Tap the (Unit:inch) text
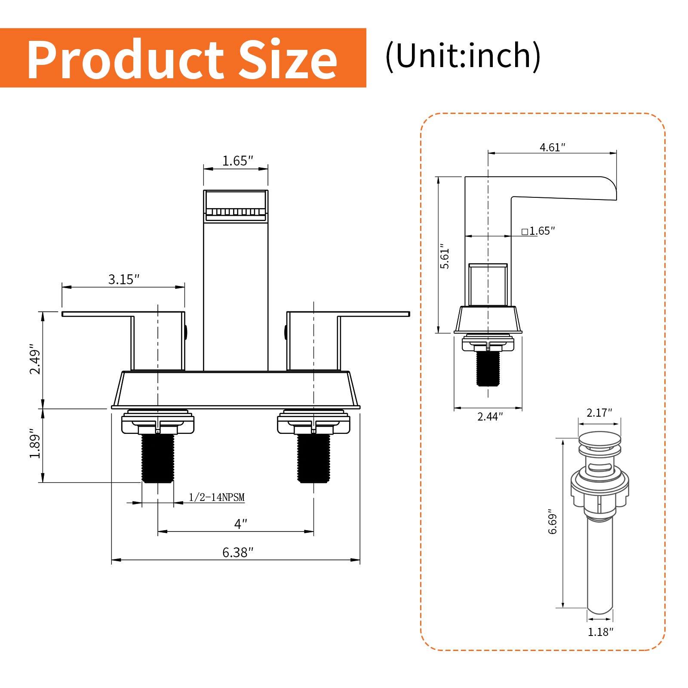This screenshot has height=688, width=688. point(463,56)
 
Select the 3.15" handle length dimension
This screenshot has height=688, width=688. point(124,279)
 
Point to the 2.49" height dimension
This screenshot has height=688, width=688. point(35,359)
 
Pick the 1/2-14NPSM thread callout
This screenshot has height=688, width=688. point(216,498)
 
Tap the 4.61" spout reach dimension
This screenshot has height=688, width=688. point(552,147)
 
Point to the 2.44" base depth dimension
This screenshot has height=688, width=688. point(490,416)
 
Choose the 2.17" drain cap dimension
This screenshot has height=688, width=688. point(599,413)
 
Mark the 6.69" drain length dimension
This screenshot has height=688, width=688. point(553,524)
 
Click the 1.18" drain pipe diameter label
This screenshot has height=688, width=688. point(600,632)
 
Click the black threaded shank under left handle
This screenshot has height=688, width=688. point(158,458)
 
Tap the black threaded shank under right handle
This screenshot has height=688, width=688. point(313,458)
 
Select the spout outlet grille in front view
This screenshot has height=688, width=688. point(235,212)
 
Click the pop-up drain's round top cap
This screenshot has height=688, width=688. point(599,440)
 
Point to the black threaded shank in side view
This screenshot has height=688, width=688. point(488,368)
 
